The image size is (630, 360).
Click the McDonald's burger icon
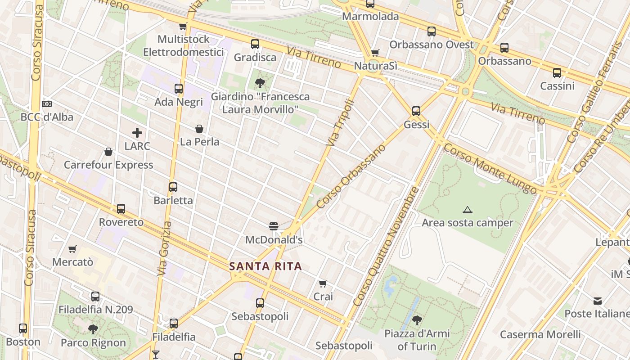[273, 226]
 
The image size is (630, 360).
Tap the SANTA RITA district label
[265, 266]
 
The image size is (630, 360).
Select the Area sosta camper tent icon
[468, 210]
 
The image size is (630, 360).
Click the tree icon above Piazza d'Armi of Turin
[417, 320]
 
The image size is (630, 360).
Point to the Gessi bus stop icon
[416, 111]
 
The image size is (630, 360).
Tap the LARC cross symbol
[137, 133]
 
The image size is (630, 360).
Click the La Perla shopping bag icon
[199, 129]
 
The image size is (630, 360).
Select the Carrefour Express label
[108, 165]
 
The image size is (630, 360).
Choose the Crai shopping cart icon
[323, 283]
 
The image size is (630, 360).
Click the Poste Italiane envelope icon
[598, 301]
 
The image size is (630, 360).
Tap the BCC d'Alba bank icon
[47, 104]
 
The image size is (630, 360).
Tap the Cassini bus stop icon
[557, 72]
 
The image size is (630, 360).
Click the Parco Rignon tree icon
[93, 329]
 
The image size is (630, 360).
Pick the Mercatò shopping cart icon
[72, 249]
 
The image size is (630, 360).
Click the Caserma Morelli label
[540, 334]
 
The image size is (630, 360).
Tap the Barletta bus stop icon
[173, 187]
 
